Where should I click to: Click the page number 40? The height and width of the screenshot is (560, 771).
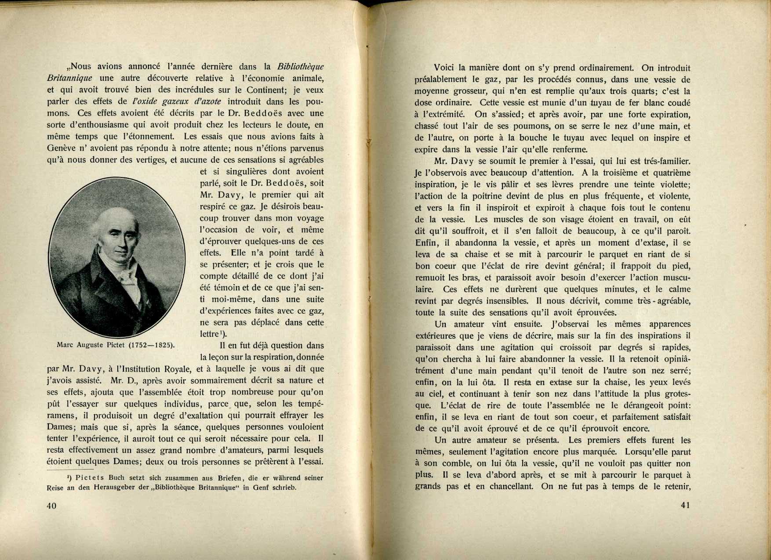pos(51,506)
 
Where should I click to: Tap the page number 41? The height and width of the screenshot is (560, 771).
pos(685,505)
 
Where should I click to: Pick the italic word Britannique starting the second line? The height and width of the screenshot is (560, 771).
pos(69,79)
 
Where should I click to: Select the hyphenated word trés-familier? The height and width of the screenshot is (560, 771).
pos(663,161)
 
